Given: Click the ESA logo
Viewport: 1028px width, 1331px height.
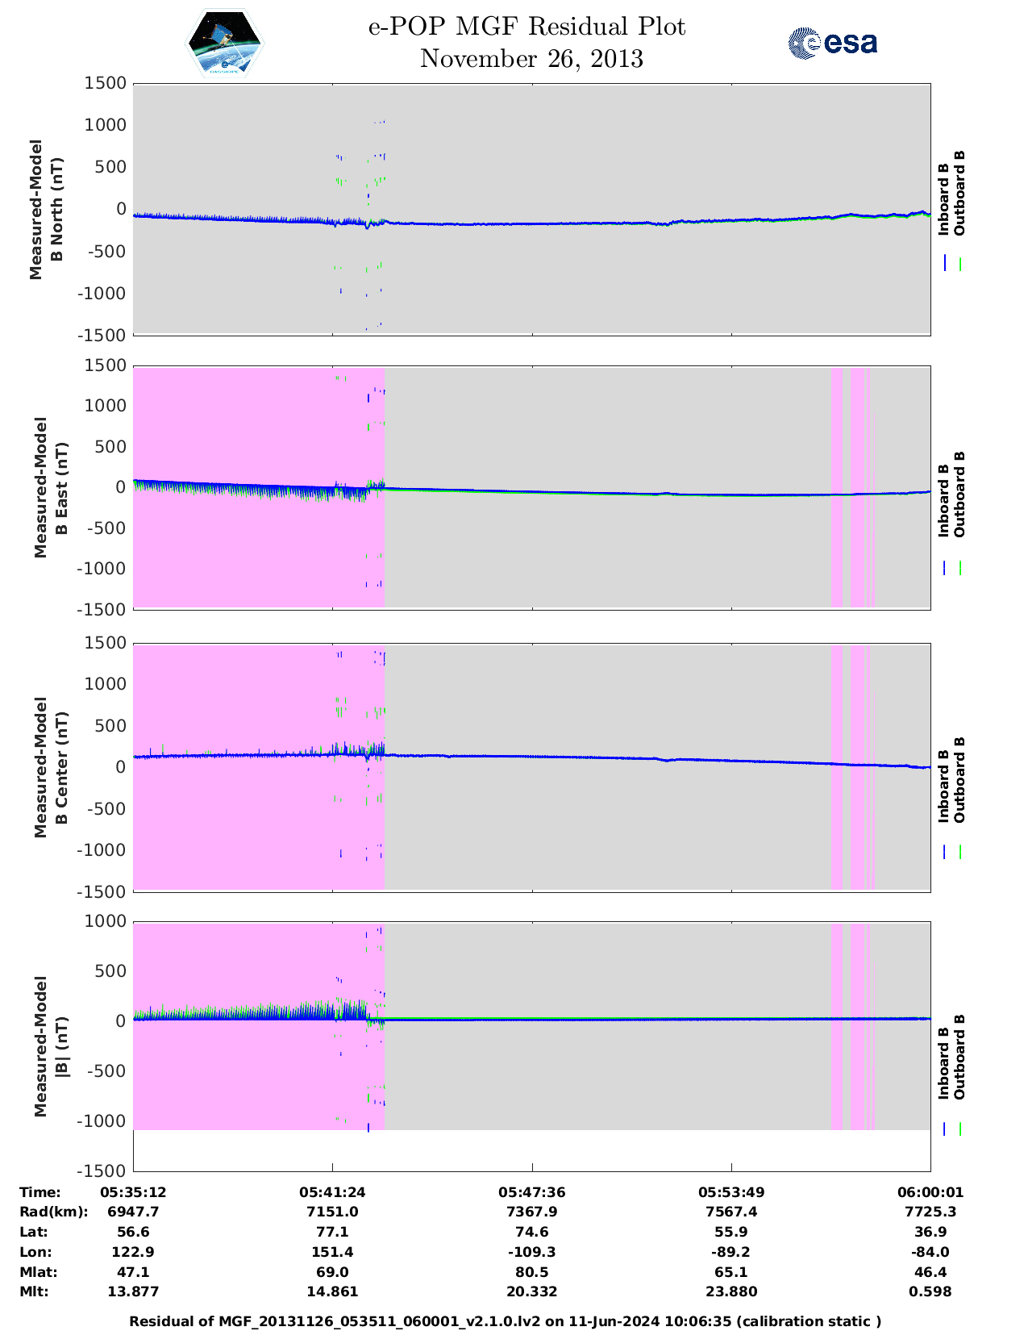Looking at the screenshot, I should (832, 43).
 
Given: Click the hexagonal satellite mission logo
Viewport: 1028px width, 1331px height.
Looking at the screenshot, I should (225, 44).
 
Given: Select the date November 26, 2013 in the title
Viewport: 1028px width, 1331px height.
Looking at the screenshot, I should (531, 59).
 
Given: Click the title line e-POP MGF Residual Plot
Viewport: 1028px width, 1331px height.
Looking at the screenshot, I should (527, 27).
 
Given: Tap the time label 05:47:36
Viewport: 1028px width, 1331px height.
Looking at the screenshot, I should (532, 1191).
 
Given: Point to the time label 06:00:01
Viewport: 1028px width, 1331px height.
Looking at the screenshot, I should (930, 1191).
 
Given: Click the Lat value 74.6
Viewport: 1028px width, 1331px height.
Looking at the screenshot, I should (532, 1232).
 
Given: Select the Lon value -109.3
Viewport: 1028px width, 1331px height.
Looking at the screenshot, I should (532, 1252).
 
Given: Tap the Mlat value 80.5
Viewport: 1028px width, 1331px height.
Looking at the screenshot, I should (532, 1272).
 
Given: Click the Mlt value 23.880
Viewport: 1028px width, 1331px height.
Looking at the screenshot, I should (731, 1291).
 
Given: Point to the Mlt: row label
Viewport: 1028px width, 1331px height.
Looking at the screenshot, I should (34, 1291).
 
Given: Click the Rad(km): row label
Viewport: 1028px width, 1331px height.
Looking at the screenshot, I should (53, 1212).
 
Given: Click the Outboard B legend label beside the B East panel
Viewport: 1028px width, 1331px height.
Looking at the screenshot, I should (959, 494).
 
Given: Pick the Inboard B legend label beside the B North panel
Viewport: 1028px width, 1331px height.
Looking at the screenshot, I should (943, 198).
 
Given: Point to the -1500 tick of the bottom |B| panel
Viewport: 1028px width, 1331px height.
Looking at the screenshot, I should (102, 1170).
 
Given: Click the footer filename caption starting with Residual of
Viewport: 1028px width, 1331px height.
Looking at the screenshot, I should (506, 1321).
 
